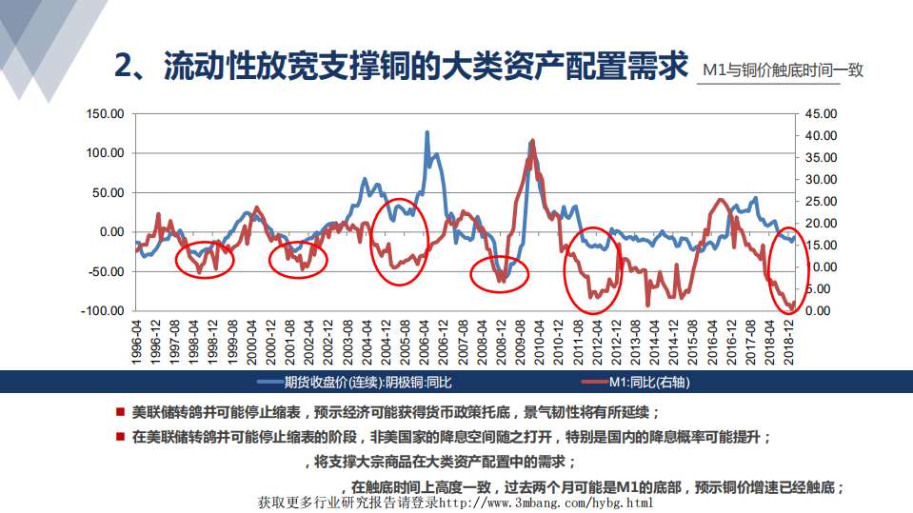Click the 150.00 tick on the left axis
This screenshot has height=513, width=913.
(x=105, y=113)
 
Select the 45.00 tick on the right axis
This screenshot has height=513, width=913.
(x=820, y=113)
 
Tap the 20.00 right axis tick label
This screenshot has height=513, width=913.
(x=820, y=223)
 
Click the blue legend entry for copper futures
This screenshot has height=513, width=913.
(x=357, y=383)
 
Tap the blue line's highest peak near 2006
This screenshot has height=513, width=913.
(x=427, y=132)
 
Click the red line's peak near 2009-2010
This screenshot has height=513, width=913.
(x=532, y=141)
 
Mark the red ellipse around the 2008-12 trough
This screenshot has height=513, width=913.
(x=500, y=274)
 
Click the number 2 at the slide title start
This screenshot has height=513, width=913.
(x=123, y=67)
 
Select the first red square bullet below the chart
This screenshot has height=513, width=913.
(x=120, y=412)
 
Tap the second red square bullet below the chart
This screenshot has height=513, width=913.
(x=120, y=437)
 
